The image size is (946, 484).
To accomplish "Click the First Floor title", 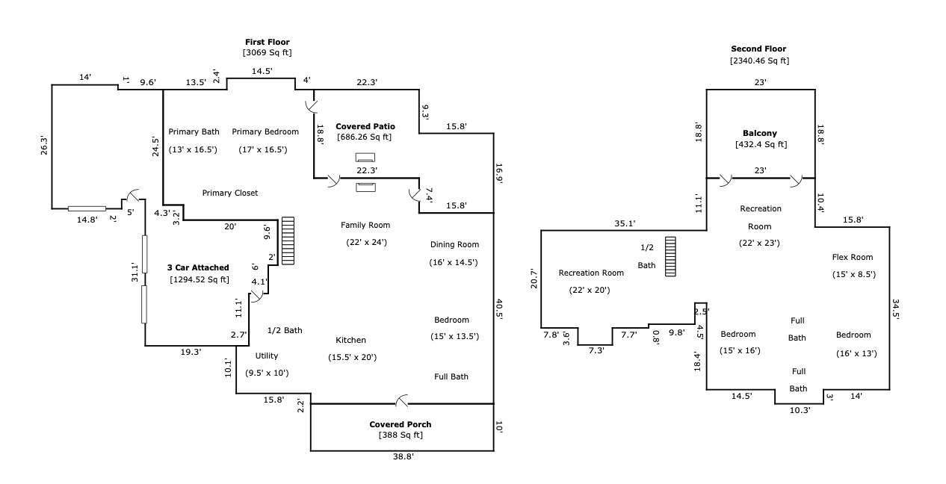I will (x=267, y=42).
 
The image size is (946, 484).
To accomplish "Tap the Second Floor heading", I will (x=758, y=49).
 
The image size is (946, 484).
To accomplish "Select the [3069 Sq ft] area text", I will (x=267, y=53).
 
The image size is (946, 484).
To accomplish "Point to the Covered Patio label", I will (x=365, y=126).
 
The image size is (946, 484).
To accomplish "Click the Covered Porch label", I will (x=400, y=424).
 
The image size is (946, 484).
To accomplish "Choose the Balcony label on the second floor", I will (x=760, y=133).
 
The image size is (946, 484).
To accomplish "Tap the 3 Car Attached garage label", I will (x=198, y=267).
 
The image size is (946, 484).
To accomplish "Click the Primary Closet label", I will (x=230, y=193).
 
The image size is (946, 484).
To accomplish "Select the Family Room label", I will (x=365, y=225).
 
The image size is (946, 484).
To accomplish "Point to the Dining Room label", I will (x=454, y=244).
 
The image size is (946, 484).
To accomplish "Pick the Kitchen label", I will (x=350, y=340).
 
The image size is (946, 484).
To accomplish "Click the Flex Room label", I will (x=853, y=257).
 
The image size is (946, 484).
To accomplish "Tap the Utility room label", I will (x=267, y=356).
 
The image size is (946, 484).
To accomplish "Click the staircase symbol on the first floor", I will (x=288, y=241).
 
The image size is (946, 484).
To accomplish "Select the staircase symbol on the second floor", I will (x=670, y=256).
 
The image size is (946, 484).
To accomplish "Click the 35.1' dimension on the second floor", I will (x=624, y=223).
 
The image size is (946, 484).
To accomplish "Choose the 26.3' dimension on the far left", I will (x=44, y=145).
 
